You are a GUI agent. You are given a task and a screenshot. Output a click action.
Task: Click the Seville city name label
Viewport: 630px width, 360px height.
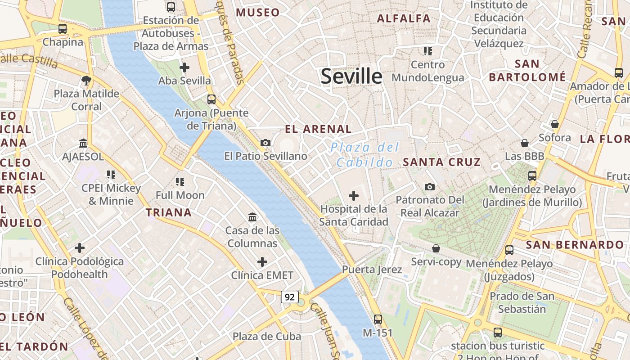(x=351, y=76)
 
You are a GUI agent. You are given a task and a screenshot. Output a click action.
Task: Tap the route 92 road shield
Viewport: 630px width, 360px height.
(x=290, y=297)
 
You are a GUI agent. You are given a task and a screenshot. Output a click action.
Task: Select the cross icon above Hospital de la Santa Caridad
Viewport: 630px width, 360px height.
(x=354, y=196)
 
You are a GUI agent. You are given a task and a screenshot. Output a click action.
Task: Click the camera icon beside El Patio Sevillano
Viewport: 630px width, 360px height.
(x=265, y=143)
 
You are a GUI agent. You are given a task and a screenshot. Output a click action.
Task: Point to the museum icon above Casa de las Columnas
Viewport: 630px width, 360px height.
(x=252, y=217)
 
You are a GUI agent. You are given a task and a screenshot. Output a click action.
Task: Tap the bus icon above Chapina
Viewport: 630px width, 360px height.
(x=63, y=29)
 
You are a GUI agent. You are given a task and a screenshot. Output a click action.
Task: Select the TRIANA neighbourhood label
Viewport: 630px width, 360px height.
(x=169, y=212)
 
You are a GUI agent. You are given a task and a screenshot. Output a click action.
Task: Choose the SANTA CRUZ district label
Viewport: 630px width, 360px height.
(x=442, y=162)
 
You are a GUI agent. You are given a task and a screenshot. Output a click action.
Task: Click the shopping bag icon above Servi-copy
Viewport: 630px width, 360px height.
(x=436, y=248)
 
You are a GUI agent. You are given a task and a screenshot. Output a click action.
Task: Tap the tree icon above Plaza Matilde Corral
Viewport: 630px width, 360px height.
(x=86, y=81)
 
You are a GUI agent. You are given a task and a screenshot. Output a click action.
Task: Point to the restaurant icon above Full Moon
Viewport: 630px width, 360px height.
(x=180, y=182)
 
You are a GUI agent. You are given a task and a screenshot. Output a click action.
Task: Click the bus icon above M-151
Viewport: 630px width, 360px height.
(x=378, y=319)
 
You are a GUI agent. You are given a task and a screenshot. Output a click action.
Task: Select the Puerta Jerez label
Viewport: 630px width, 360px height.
(x=372, y=270)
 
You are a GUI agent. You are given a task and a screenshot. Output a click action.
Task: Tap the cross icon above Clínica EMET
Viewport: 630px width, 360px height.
(x=262, y=262)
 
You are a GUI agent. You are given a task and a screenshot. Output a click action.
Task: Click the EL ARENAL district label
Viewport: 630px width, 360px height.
(x=318, y=129)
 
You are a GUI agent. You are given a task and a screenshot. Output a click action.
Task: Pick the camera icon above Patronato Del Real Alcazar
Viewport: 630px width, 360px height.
(x=430, y=186)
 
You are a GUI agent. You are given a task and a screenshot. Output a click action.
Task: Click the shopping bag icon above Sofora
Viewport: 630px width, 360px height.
(x=554, y=124)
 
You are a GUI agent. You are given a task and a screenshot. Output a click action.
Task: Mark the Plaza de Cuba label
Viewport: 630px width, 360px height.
(x=267, y=336)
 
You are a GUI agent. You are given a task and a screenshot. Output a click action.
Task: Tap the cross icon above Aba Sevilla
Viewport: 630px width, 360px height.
(x=184, y=67)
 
